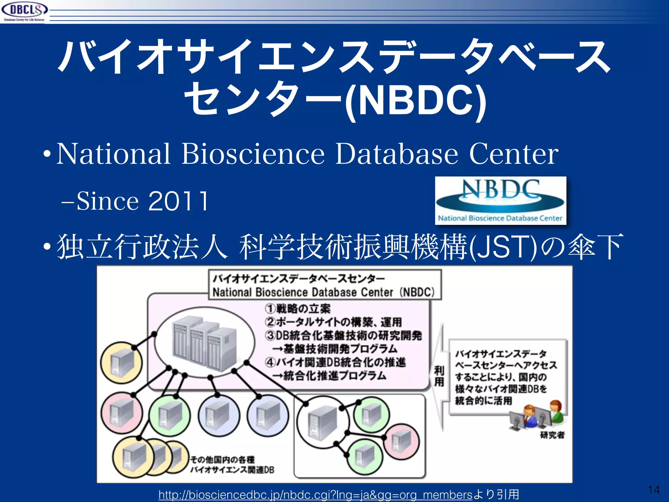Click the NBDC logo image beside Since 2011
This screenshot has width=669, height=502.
coord(500,200)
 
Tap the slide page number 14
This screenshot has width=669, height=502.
coord(654,490)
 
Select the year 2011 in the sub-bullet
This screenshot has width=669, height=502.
coord(178,201)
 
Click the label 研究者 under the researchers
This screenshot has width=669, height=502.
coord(552,435)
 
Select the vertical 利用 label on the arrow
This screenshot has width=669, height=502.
coord(439,376)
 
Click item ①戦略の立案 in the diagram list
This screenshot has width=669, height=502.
coord(298,309)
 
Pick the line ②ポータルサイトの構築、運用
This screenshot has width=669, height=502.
coord(333,322)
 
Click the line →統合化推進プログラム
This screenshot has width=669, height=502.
coord(330,376)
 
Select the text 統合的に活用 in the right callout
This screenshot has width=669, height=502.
coord(483,401)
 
